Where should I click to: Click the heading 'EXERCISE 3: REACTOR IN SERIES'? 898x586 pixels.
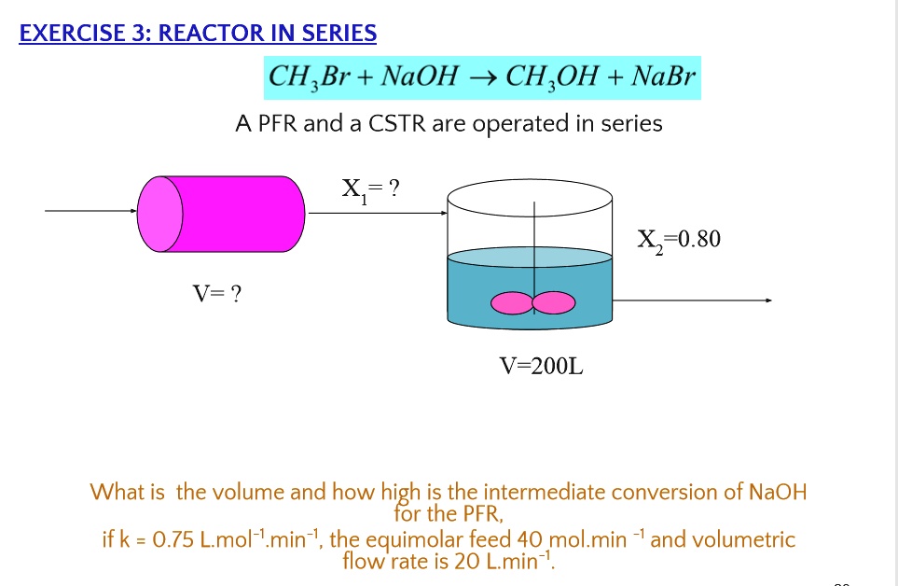click(198, 35)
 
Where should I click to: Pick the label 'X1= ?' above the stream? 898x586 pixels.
click(370, 190)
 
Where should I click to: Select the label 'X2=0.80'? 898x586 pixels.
click(679, 240)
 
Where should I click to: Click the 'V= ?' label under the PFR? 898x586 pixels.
click(217, 295)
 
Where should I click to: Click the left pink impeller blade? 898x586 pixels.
click(511, 302)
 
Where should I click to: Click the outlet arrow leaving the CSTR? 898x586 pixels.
click(691, 300)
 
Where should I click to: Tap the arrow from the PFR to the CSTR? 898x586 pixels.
click(378, 212)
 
